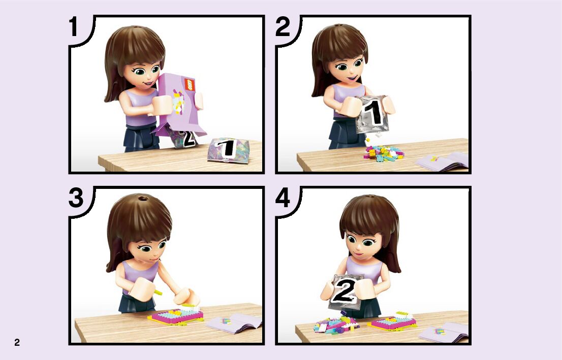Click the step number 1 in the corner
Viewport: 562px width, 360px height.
click(74, 26)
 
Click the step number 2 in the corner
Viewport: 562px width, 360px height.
click(283, 26)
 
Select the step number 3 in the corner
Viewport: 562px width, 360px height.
click(76, 198)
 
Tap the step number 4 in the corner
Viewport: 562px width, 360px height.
click(283, 198)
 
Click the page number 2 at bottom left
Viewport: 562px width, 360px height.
click(17, 342)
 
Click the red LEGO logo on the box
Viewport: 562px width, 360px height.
click(189, 85)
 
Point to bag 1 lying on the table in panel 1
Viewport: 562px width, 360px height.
click(228, 150)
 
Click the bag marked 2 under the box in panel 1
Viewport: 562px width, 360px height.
click(183, 139)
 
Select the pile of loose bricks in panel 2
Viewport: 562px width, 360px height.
click(384, 153)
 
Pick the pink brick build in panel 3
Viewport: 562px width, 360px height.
click(176, 315)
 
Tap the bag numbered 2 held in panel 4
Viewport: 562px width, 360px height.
click(345, 292)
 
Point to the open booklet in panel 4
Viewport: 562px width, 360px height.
click(444, 332)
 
